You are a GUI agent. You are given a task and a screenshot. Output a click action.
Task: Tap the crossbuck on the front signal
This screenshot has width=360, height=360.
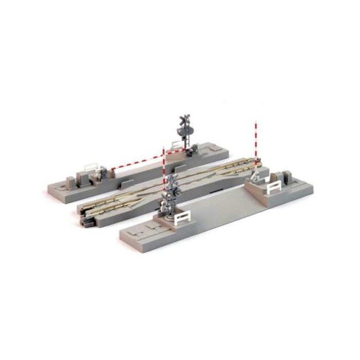(171, 182)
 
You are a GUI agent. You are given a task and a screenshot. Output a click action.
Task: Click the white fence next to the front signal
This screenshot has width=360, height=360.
(181, 220)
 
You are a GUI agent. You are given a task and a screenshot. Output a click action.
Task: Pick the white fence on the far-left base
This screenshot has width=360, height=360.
(92, 168)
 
